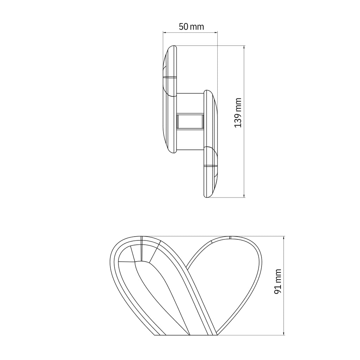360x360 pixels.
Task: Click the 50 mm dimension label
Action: tap(191, 27)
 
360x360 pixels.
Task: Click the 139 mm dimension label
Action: tap(238, 113)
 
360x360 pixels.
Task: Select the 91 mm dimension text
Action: tap(278, 282)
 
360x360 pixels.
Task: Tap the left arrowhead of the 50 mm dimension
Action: tap(165, 33)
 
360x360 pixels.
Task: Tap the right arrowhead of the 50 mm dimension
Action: tap(216, 33)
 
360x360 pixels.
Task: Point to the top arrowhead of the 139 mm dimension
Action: tap(244, 47)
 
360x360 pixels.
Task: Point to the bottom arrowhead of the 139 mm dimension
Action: tap(244, 195)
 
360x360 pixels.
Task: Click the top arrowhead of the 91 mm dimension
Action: tap(284, 238)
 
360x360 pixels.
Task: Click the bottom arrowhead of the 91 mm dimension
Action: tap(284, 333)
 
